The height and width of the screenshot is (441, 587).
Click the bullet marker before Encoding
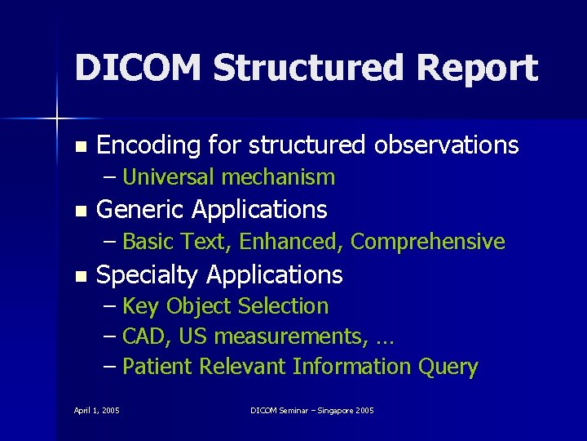tap(79, 147)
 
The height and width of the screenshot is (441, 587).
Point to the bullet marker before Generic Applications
tap(79, 212)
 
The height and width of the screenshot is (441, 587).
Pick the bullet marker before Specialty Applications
tap(79, 276)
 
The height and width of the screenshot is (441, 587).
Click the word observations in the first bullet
tap(446, 145)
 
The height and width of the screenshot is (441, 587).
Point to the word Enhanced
tap(293, 242)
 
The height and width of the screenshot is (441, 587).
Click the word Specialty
tap(148, 274)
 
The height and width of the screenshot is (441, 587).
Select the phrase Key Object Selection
tap(225, 306)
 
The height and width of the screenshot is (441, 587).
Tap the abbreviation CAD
tap(146, 336)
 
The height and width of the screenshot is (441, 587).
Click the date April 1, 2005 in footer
tap(96, 410)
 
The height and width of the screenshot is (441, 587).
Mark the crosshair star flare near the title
tap(57, 119)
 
